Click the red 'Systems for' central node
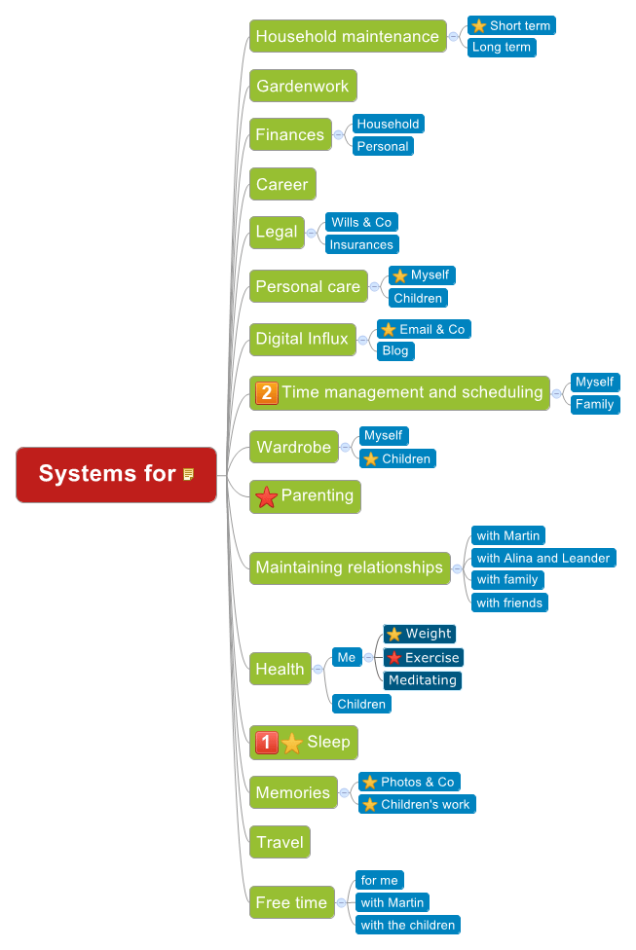click(107, 474)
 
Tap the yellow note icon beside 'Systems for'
click(189, 474)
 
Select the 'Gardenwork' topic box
click(303, 86)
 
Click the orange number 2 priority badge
click(266, 392)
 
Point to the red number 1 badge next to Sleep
click(266, 743)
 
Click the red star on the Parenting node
click(266, 496)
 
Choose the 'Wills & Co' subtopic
click(360, 222)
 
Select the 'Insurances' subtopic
click(361, 244)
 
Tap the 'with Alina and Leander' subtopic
click(542, 558)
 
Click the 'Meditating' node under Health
click(422, 679)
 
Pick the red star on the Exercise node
click(393, 658)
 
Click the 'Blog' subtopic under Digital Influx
click(395, 350)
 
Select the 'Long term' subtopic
click(502, 47)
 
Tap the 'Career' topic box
click(282, 184)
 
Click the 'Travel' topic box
click(280, 842)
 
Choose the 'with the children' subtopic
click(407, 925)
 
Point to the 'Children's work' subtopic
click(417, 804)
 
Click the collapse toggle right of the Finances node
click(338, 134)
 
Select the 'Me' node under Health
click(346, 657)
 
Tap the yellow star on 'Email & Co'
click(389, 329)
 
